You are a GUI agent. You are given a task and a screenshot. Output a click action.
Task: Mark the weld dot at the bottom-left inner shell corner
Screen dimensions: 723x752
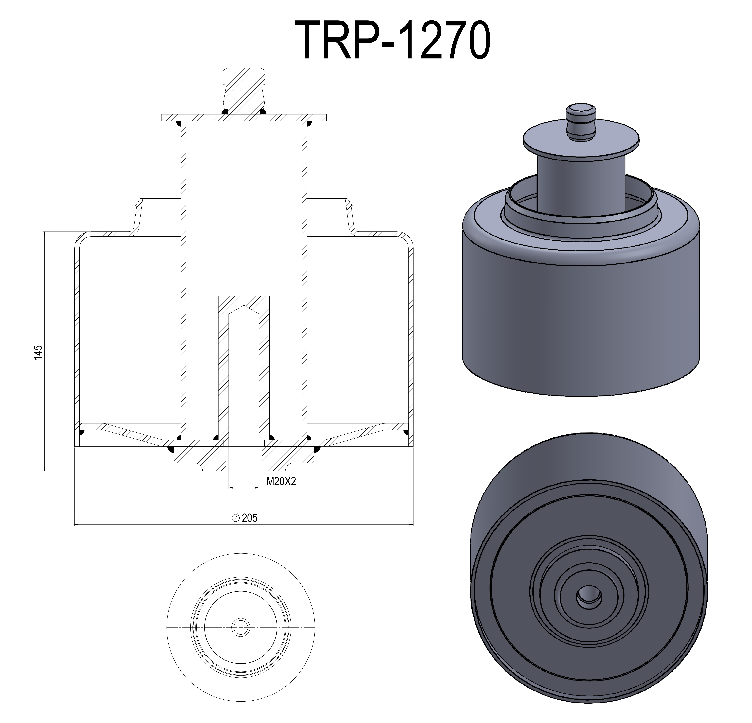click(x=81, y=433)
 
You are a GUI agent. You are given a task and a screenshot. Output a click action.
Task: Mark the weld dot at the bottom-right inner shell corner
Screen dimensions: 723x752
click(x=407, y=433)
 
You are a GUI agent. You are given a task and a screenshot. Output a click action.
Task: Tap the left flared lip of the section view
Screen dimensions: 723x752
click(x=138, y=215)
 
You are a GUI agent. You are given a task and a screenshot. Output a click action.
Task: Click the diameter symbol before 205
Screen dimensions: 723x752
click(x=236, y=518)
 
